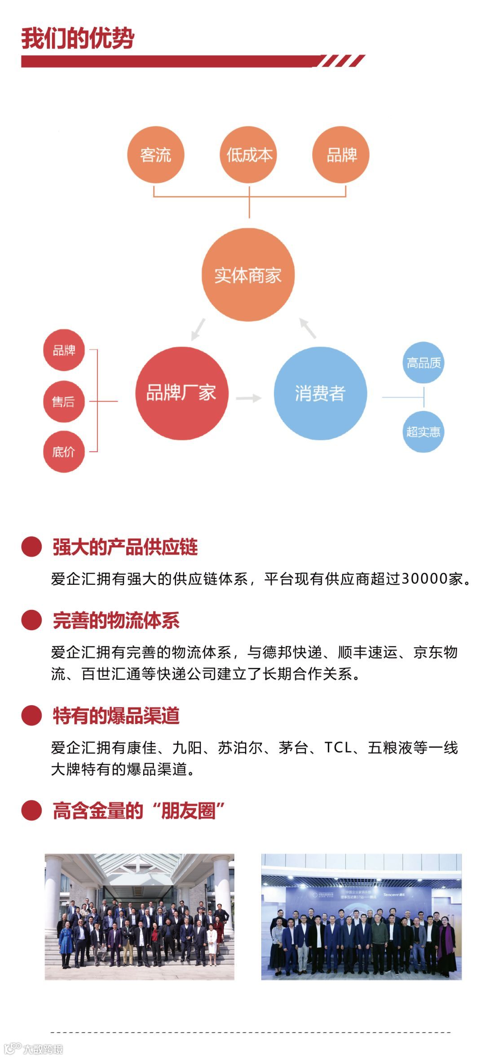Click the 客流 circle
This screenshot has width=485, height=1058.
(155, 155)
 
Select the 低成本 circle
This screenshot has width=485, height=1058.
(249, 155)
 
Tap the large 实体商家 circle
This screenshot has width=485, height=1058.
(248, 275)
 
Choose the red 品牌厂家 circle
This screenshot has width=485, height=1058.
(181, 393)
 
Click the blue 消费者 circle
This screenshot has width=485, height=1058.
(320, 393)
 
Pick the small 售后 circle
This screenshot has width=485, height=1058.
(64, 401)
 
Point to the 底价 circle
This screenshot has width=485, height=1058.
(64, 452)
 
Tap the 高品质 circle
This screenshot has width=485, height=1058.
(423, 363)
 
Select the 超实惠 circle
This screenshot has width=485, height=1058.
(423, 431)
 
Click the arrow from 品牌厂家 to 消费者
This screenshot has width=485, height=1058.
(249, 398)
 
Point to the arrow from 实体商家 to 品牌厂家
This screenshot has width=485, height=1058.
(198, 329)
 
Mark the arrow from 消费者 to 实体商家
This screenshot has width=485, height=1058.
(308, 328)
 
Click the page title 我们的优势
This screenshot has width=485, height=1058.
(78, 38)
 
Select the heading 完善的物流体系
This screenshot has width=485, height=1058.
(116, 621)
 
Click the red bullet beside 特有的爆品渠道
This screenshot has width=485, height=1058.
(31, 715)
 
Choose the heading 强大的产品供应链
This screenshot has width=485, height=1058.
(125, 547)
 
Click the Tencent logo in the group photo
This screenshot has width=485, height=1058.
(393, 895)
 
